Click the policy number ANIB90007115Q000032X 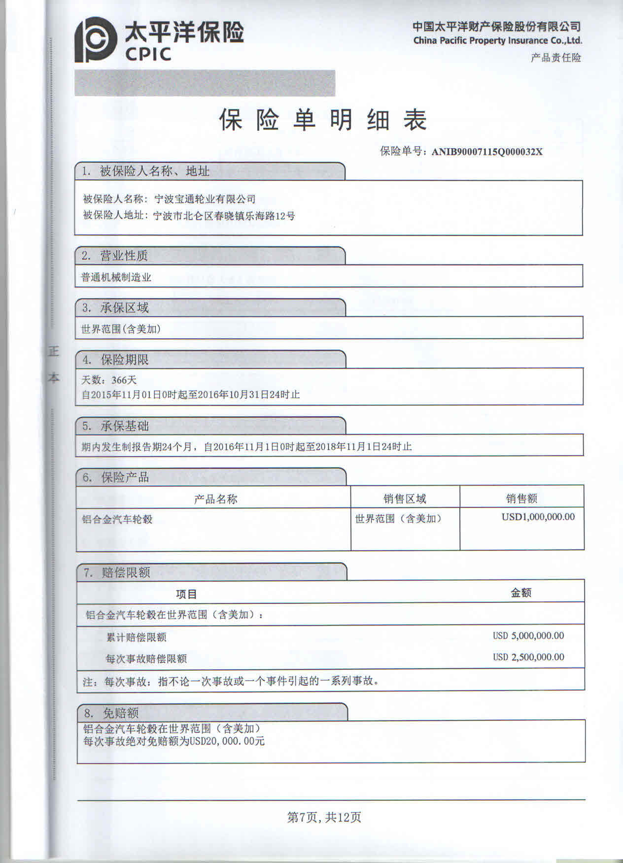coord(487,152)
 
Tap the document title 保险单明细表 coord(323,120)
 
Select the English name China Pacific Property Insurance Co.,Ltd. coord(497,41)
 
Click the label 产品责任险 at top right coord(555,58)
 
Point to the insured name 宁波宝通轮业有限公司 coord(205,199)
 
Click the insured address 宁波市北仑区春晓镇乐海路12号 coord(224,216)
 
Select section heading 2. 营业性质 coord(115,256)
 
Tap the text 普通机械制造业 coord(116,277)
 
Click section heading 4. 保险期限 coord(115,360)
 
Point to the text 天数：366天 coord(109,380)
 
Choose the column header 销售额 coord(521,499)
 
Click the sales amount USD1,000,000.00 coord(538,517)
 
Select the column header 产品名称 coord(215,499)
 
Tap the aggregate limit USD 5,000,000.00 coord(528,636)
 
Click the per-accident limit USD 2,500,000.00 coord(528,657)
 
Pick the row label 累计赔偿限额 coord(137,637)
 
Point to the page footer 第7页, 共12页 coord(324,817)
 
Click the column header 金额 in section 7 coord(521,593)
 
